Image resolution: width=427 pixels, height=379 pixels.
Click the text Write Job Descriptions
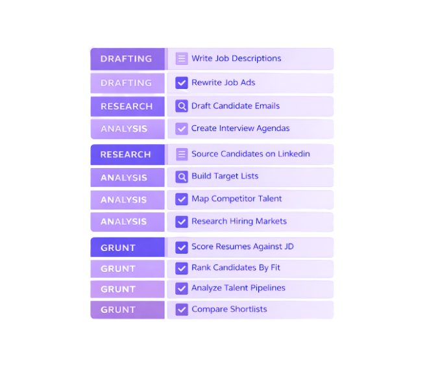click(x=236, y=58)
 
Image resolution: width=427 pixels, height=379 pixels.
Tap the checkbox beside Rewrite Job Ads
click(x=182, y=83)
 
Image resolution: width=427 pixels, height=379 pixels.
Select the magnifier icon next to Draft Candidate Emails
click(x=182, y=106)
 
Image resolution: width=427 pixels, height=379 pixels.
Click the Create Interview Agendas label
click(x=240, y=128)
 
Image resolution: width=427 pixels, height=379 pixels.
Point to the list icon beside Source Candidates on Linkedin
click(x=182, y=154)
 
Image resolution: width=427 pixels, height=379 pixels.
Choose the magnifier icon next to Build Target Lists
click(x=182, y=177)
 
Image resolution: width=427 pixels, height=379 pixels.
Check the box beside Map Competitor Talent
click(x=182, y=199)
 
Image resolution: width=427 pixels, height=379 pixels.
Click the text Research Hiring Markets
click(x=239, y=221)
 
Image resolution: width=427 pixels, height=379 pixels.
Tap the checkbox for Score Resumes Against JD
click(x=182, y=247)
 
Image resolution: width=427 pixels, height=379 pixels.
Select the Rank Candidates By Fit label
click(x=236, y=267)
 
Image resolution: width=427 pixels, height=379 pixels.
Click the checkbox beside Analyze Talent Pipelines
click(x=182, y=288)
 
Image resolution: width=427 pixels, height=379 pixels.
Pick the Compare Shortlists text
click(x=229, y=310)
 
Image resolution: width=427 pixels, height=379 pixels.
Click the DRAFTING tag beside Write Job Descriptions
click(x=127, y=58)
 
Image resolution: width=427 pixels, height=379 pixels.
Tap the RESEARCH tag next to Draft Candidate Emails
click(x=127, y=106)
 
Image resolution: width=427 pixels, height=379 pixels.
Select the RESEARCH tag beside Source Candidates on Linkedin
click(x=126, y=154)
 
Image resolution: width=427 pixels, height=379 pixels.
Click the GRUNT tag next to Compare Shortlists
click(x=118, y=310)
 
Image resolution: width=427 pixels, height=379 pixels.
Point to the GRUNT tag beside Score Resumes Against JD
click(x=118, y=248)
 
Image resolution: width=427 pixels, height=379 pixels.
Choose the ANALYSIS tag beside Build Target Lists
click(x=124, y=177)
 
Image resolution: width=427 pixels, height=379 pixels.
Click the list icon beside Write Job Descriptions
click(x=182, y=58)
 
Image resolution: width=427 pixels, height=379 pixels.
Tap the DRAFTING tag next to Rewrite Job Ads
click(x=127, y=83)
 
